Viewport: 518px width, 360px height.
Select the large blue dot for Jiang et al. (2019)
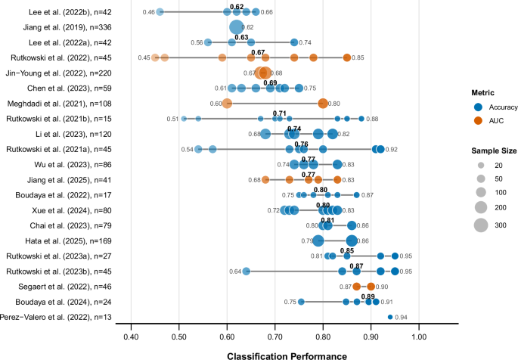point(237,27)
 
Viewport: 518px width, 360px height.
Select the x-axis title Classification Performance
point(275,352)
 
